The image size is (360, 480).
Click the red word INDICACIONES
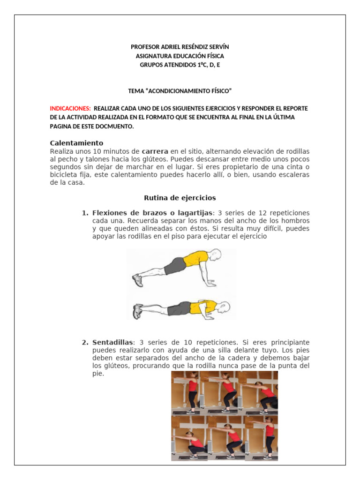[70, 108]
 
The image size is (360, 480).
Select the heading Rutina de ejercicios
[180, 198]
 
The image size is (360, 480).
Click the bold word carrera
[155, 151]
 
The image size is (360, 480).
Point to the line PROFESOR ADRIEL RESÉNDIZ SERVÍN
[180, 47]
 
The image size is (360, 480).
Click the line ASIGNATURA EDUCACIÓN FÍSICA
[180, 56]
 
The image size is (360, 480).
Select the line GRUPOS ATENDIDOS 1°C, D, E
[180, 65]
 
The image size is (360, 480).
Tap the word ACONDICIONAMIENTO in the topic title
[180, 90]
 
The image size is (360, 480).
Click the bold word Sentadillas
[113, 343]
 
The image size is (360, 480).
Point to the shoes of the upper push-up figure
[138, 280]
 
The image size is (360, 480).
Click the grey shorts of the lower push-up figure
[179, 308]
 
